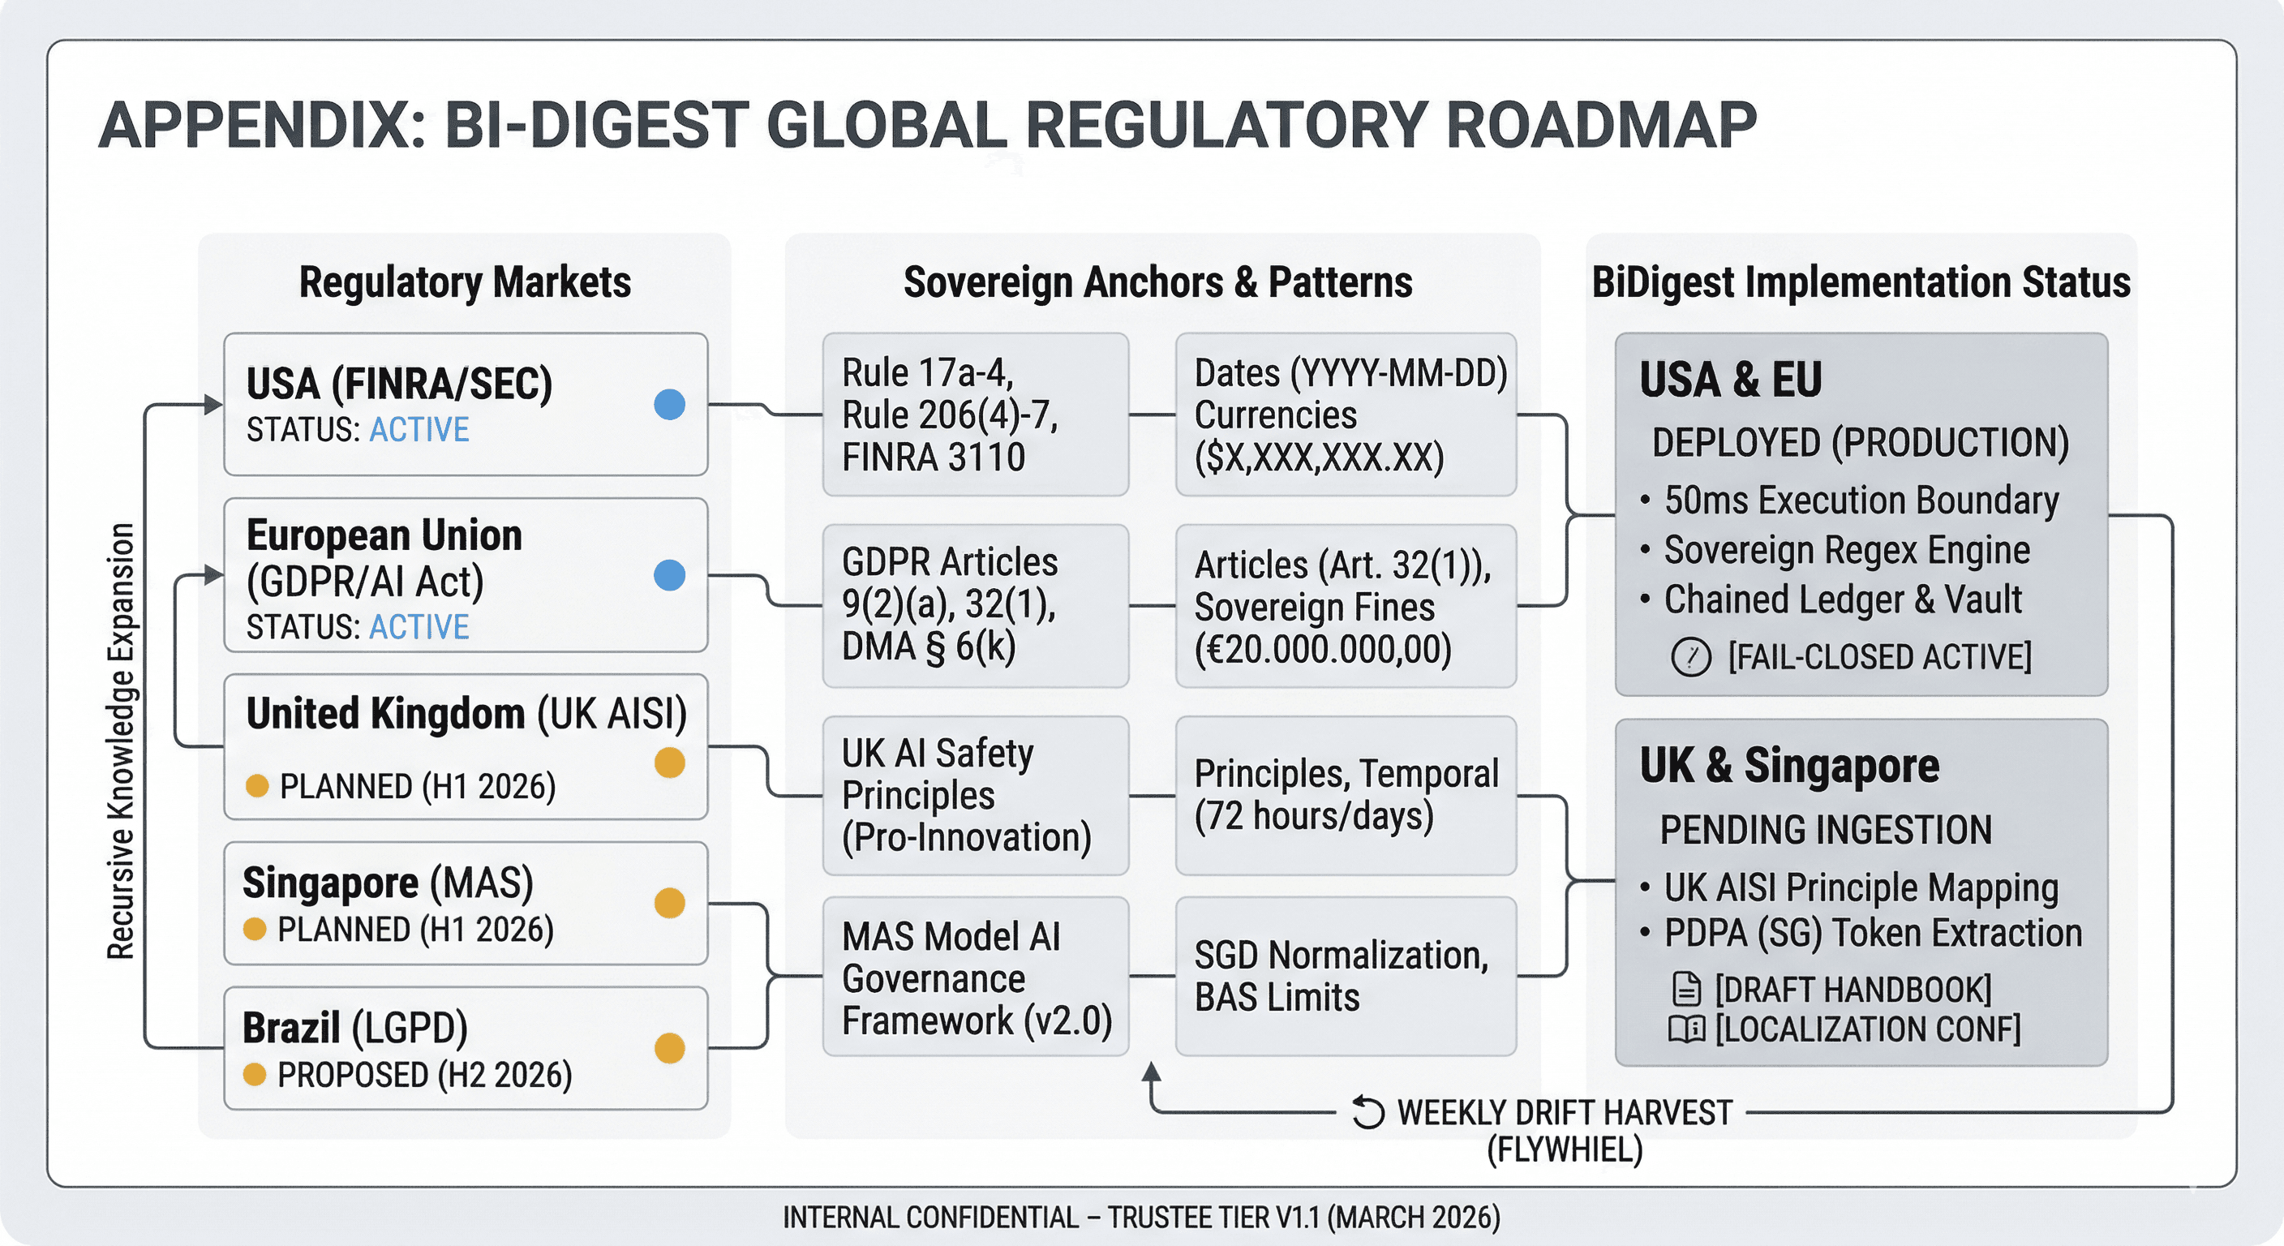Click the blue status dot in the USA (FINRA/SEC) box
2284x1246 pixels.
tap(669, 405)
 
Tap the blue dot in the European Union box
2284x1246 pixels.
tap(669, 574)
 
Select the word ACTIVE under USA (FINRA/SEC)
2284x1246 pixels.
tap(419, 430)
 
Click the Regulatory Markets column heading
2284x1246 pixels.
tap(465, 282)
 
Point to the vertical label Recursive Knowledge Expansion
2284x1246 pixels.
tap(121, 741)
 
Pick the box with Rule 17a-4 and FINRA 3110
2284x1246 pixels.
tap(974, 415)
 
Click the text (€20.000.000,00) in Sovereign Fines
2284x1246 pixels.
tap(1322, 650)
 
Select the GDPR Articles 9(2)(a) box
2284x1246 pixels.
tap(974, 605)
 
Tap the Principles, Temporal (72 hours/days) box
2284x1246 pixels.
tap(1345, 796)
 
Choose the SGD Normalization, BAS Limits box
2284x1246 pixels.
tap(1345, 976)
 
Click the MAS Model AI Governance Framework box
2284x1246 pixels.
tap(974, 977)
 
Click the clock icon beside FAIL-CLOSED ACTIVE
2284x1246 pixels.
tap(1690, 658)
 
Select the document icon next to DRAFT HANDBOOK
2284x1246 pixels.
tap(1685, 989)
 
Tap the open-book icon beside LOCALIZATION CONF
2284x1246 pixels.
tap(1685, 1029)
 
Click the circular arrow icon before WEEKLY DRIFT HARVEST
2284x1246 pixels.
tap(1368, 1112)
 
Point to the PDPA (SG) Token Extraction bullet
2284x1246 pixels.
tap(1872, 933)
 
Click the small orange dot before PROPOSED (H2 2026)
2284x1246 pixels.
tap(255, 1075)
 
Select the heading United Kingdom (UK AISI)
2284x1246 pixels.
tap(466, 714)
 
